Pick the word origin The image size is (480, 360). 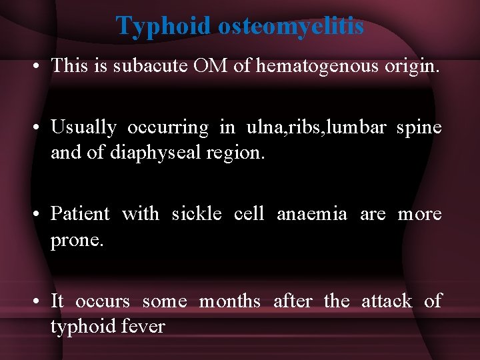pyautogui.click(x=404, y=66)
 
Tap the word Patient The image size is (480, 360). pyautogui.click(x=80, y=214)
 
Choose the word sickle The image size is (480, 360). pyautogui.click(x=197, y=214)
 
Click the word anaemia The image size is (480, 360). pyautogui.click(x=311, y=214)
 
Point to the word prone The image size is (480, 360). pyautogui.click(x=77, y=240)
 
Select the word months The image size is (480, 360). pyautogui.click(x=230, y=301)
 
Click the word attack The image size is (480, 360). pyautogui.click(x=387, y=301)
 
